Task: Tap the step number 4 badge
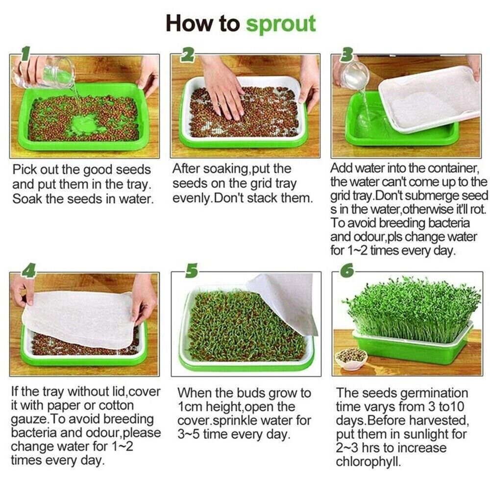point(28,270)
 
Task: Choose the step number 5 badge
point(191,270)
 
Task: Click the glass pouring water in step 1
point(44,72)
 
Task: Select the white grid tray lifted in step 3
point(430,98)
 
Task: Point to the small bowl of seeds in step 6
point(350,359)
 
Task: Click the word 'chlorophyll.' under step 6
point(368,461)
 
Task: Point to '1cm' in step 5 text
point(189,407)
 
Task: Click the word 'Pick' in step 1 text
point(24,170)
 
